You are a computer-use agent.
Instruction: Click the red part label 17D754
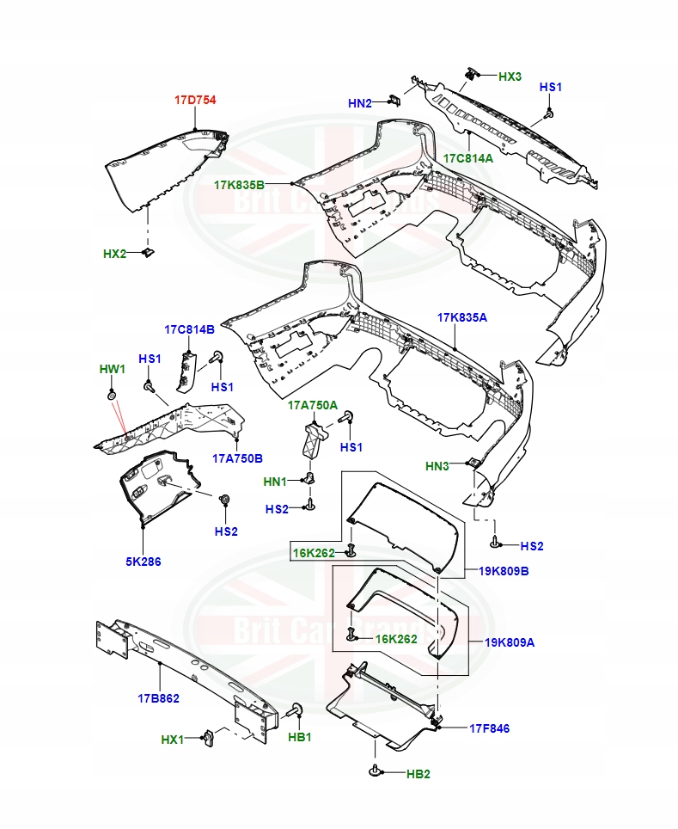pyautogui.click(x=195, y=101)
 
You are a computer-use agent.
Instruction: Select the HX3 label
pyautogui.click(x=510, y=77)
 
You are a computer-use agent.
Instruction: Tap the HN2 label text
pyautogui.click(x=360, y=103)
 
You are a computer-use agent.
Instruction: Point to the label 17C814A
pyautogui.click(x=468, y=158)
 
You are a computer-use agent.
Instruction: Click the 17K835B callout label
pyautogui.click(x=240, y=185)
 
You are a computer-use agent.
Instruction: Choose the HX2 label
pyautogui.click(x=114, y=254)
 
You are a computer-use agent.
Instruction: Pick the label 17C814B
pyautogui.click(x=189, y=329)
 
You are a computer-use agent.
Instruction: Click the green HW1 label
pyautogui.click(x=112, y=369)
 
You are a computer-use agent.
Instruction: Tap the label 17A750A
pyautogui.click(x=313, y=405)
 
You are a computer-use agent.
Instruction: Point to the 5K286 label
pyautogui.click(x=143, y=562)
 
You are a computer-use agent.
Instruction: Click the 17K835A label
pyautogui.click(x=461, y=317)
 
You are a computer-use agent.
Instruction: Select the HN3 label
pyautogui.click(x=437, y=466)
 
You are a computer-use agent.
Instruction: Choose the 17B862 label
pyautogui.click(x=158, y=697)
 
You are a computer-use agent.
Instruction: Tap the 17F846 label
pyautogui.click(x=489, y=728)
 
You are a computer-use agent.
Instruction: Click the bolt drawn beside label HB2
pyautogui.click(x=375, y=772)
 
